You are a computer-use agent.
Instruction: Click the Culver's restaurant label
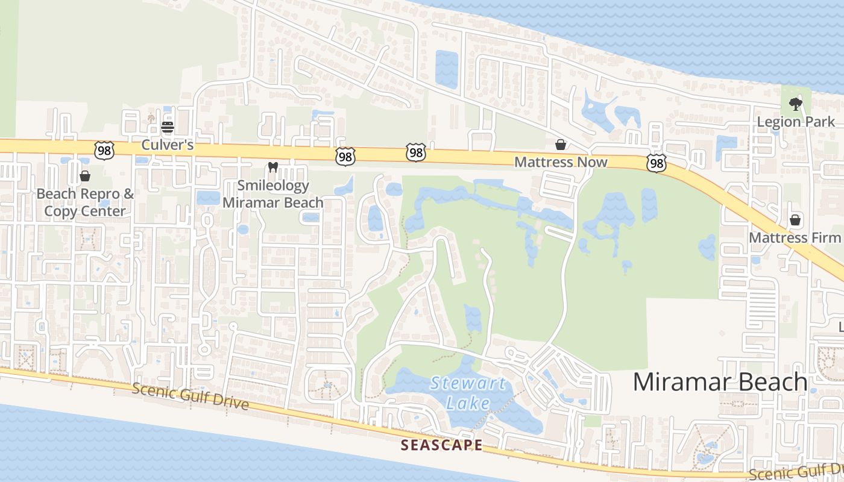click(x=167, y=145)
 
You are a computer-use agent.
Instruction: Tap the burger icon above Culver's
click(x=168, y=127)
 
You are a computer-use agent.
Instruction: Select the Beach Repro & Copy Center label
click(x=85, y=202)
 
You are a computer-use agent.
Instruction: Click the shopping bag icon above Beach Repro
click(x=85, y=176)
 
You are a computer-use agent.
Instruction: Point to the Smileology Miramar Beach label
click(x=273, y=194)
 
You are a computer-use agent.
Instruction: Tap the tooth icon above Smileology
click(x=272, y=167)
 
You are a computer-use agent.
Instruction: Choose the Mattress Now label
click(x=561, y=162)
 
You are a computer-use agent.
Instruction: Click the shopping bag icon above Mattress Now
click(x=561, y=145)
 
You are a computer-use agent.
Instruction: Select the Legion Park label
click(x=796, y=122)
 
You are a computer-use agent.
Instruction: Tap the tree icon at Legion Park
click(x=796, y=104)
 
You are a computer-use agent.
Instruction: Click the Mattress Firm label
click(x=795, y=237)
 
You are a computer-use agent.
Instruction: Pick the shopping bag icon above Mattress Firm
click(x=795, y=220)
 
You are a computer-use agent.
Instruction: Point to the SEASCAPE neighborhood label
click(x=442, y=445)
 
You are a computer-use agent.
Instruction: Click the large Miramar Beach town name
click(x=720, y=382)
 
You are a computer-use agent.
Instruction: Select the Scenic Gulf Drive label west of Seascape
click(x=191, y=396)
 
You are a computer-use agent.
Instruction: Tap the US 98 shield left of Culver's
click(x=104, y=151)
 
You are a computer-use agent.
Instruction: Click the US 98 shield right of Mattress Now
click(x=657, y=163)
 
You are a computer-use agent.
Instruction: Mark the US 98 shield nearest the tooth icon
click(x=345, y=157)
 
